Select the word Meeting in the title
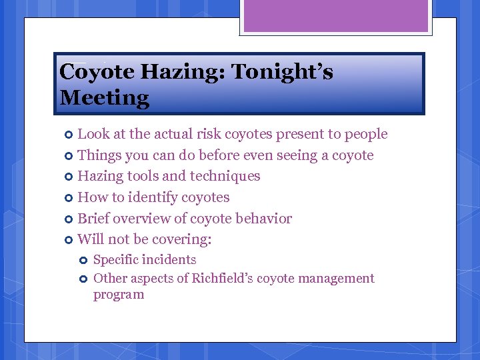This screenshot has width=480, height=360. pyautogui.click(x=104, y=98)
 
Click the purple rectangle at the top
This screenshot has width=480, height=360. pyautogui.click(x=335, y=15)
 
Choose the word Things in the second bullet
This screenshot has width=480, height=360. pyautogui.click(x=99, y=155)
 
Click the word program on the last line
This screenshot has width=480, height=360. pyautogui.click(x=119, y=295)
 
